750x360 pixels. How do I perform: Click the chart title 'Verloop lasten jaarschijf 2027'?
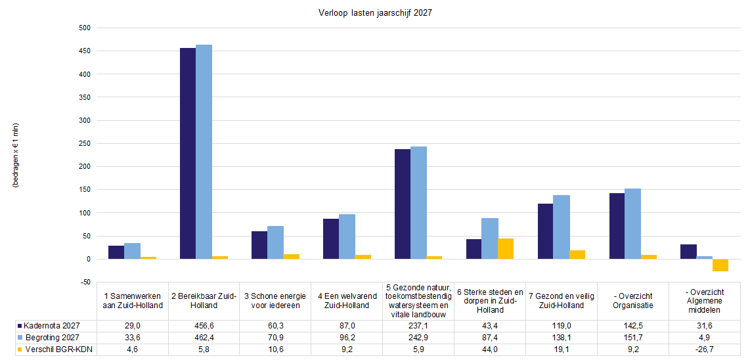click(x=375, y=13)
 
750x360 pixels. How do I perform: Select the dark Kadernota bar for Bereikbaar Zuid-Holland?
click(x=188, y=154)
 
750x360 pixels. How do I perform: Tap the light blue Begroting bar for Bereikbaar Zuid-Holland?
click(x=204, y=152)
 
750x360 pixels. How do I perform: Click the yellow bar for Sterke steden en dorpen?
click(x=506, y=249)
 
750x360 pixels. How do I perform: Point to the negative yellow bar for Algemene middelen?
click(x=720, y=265)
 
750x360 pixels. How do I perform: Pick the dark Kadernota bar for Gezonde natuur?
click(x=403, y=204)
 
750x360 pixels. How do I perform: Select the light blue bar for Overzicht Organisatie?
click(x=633, y=224)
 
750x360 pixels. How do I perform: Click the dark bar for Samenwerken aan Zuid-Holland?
click(x=116, y=252)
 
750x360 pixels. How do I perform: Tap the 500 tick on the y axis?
click(x=83, y=28)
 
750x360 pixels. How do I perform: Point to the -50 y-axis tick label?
click(x=84, y=282)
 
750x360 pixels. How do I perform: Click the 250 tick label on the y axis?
click(x=83, y=144)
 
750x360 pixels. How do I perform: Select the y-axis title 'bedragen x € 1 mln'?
click(x=16, y=156)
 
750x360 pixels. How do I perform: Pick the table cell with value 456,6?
click(x=204, y=326)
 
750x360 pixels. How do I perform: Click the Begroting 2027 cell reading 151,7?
click(x=633, y=338)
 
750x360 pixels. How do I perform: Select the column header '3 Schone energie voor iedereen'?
click(x=275, y=301)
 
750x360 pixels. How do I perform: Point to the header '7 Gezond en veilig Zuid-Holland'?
click(x=562, y=301)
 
